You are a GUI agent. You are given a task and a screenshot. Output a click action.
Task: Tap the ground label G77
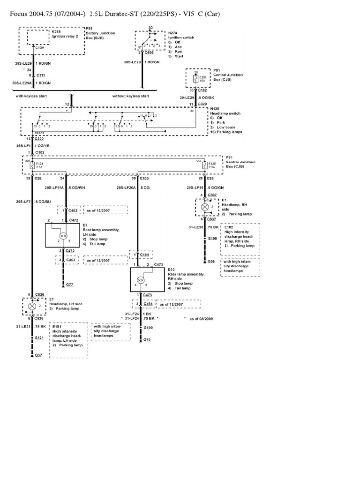pos(69,284)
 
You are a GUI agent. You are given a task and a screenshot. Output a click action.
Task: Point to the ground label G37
pos(38,356)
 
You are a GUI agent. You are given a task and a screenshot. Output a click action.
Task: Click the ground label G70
pos(147,339)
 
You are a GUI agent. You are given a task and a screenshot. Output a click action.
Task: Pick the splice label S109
pos(212,239)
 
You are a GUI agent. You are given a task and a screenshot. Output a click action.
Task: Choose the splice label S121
pos(39,337)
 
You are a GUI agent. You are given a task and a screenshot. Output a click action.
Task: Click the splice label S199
pos(148,328)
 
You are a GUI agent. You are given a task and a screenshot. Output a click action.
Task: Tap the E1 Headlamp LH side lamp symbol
pos(32,306)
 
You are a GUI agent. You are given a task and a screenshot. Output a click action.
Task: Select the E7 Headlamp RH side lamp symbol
pos(204,206)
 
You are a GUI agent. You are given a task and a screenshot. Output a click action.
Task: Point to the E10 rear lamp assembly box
pos(147,280)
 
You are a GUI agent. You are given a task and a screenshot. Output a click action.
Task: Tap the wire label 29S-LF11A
pos(54,187)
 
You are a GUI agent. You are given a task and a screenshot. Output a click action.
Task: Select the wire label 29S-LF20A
pos(126,187)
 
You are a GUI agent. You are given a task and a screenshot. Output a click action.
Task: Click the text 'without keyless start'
pos(131,96)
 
